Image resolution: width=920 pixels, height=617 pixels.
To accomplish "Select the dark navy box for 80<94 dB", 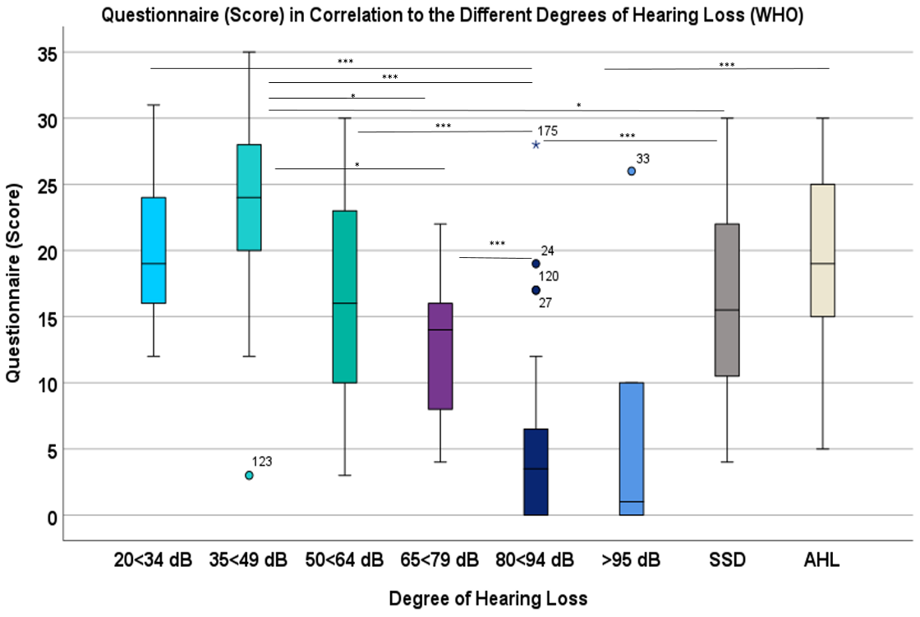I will click(x=536, y=472).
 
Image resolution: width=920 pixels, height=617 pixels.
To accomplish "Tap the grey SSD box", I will click(x=727, y=300).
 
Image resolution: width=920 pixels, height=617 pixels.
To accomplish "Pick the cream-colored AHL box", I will click(x=823, y=250).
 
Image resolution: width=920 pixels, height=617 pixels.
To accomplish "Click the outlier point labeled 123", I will click(x=249, y=475).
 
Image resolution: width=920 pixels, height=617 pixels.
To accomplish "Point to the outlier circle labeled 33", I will click(x=632, y=171).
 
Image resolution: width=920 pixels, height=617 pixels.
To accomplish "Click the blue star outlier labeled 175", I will click(x=536, y=145).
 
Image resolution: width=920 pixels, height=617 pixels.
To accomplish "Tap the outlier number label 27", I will click(x=545, y=303).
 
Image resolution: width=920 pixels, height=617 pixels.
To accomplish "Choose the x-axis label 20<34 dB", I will click(x=154, y=562).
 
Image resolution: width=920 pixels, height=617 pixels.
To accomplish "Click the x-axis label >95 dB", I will click(x=632, y=562).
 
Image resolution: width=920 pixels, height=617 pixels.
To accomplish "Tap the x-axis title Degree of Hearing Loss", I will click(x=488, y=599).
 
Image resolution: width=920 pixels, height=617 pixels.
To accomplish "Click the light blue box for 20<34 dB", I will click(x=154, y=251).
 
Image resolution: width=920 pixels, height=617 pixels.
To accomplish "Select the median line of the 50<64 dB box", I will click(x=344, y=303).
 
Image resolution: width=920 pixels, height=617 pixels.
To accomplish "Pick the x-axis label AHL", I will click(x=822, y=562).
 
